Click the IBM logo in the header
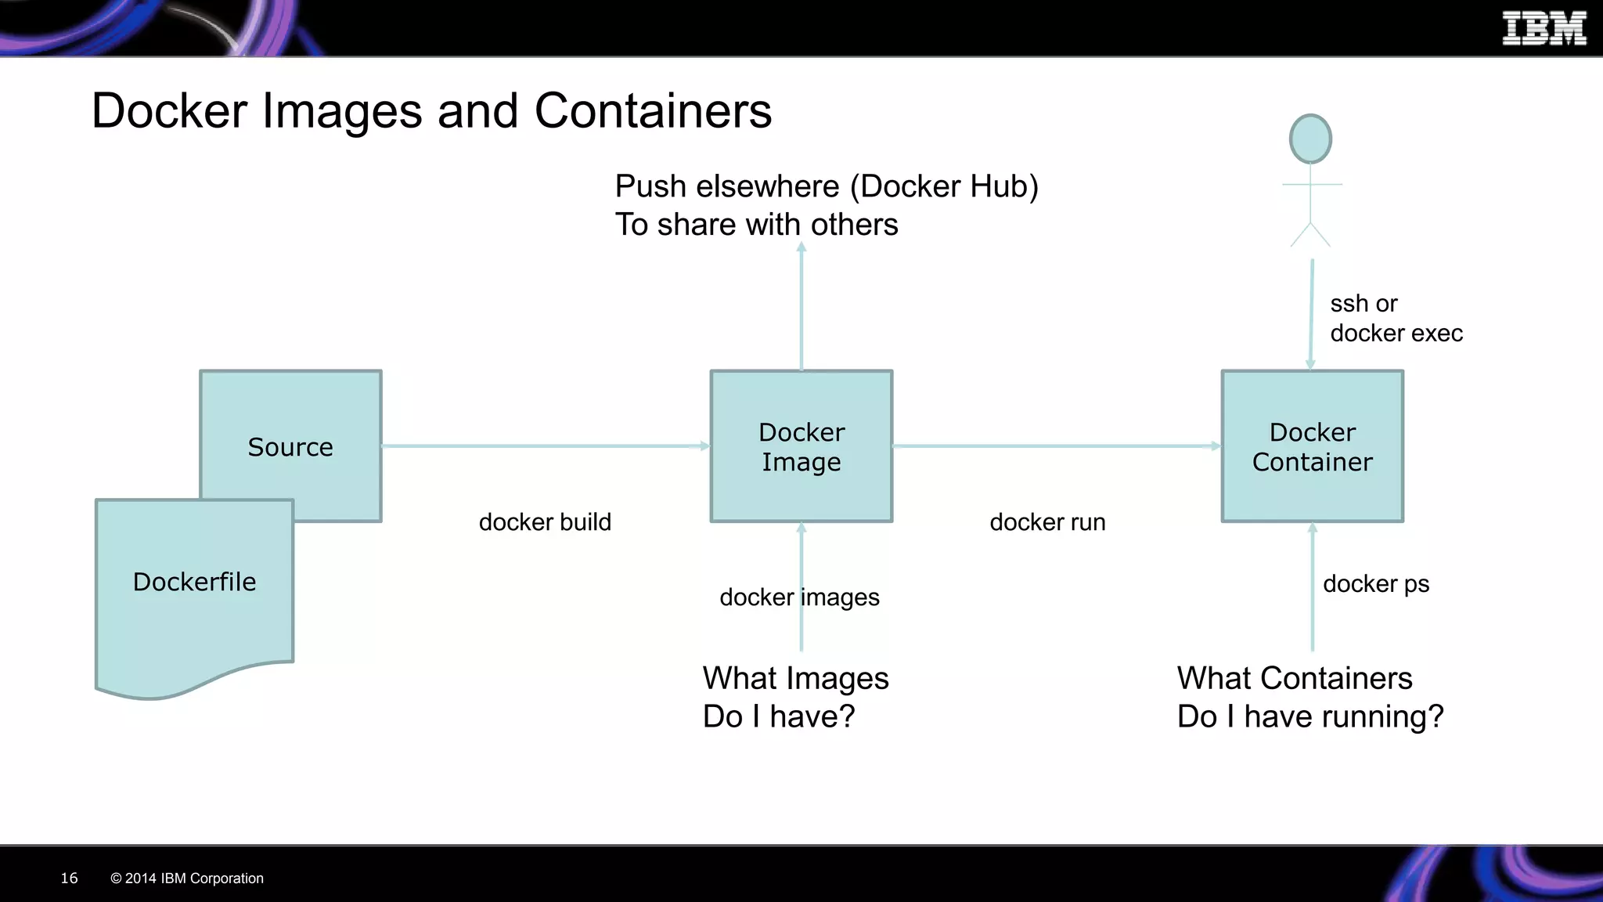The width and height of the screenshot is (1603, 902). [x=1544, y=29]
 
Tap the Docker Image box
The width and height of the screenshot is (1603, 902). [x=801, y=446]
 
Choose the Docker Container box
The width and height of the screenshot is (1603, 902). [x=1312, y=446]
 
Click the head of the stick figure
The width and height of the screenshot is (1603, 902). [x=1310, y=139]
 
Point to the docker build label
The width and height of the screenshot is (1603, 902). [x=545, y=522]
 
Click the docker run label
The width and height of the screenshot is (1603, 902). [x=1047, y=522]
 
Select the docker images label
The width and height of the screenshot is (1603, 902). [x=799, y=597]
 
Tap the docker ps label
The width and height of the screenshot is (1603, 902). [x=1376, y=584]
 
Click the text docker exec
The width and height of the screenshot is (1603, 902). [x=1396, y=334]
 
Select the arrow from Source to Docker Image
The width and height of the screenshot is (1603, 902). [x=545, y=446]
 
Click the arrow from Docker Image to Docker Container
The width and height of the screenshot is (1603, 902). [x=1057, y=446]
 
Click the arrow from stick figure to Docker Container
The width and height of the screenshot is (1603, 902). [x=1311, y=313]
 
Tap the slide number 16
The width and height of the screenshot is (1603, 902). [x=69, y=879]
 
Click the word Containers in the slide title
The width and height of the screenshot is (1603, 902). [x=653, y=110]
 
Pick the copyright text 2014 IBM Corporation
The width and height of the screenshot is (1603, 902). [x=193, y=879]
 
